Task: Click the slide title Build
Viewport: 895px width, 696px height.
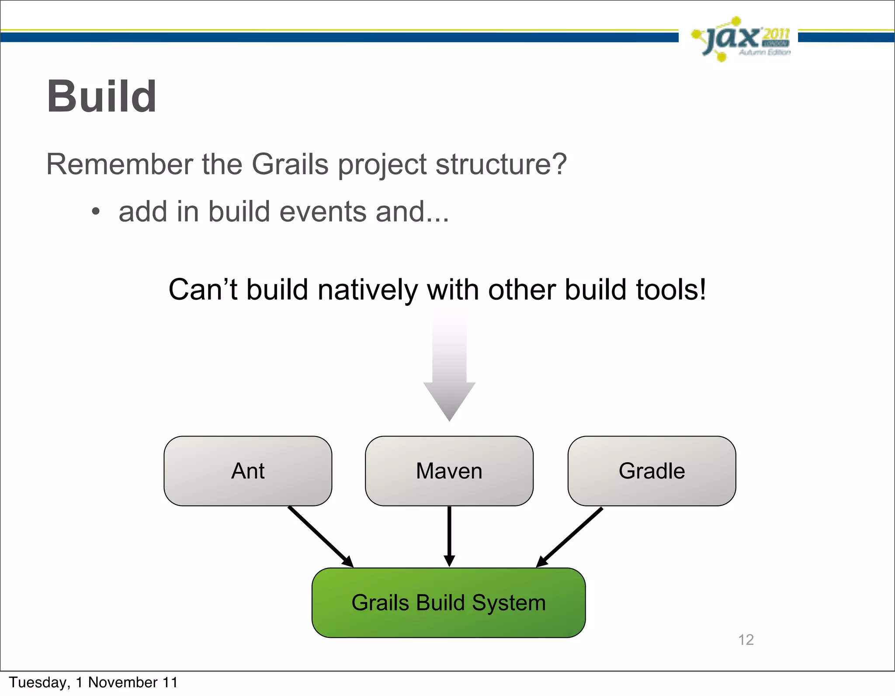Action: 101,97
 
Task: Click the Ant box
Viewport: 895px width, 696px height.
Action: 248,471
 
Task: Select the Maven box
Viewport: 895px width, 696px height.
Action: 449,471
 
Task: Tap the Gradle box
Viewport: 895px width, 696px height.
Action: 652,471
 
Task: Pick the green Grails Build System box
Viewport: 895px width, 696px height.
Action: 448,603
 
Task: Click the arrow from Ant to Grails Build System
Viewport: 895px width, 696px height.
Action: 320,537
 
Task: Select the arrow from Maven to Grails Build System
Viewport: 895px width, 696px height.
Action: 449,535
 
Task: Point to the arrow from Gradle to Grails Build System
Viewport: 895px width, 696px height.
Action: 570,537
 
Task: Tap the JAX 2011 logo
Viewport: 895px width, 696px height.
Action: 740,39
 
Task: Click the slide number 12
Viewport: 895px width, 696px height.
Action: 746,640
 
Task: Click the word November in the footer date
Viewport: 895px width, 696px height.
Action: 123,682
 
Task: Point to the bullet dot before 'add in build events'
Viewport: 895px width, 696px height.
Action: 96,212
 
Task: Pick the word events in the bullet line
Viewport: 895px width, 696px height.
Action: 324,212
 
